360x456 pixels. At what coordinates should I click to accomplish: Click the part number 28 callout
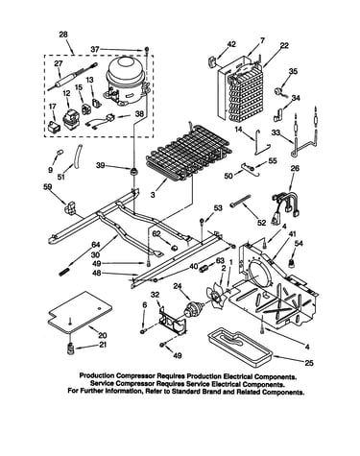coord(63,35)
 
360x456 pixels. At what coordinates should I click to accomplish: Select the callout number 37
coord(95,49)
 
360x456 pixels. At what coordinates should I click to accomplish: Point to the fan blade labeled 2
coord(216,297)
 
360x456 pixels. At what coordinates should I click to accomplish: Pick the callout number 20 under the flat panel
coord(103,336)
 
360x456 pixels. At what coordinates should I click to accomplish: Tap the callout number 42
coord(231,44)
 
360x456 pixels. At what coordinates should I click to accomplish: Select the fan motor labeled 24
coord(194,309)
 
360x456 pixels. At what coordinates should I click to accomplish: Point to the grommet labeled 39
coord(133,170)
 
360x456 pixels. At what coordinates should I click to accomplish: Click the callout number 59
coord(48,187)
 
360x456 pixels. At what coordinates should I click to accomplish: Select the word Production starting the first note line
coord(97,375)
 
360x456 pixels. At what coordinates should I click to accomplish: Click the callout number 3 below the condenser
coord(153,194)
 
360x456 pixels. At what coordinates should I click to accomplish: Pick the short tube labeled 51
coord(78,156)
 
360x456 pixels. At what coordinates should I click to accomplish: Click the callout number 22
coord(284,46)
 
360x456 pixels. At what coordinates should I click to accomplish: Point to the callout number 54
coord(299,244)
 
